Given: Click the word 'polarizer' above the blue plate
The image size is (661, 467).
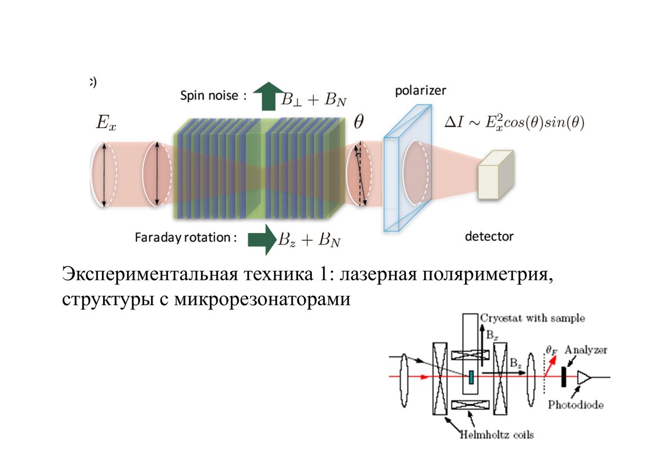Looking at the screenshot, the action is click(x=420, y=90).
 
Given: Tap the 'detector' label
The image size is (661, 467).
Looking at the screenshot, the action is click(x=489, y=237).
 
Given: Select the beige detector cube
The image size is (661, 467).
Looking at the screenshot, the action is click(x=496, y=175).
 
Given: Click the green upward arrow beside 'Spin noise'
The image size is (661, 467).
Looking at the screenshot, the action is click(x=269, y=96).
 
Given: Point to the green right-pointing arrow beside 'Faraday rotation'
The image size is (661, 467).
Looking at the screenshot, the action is click(x=262, y=240).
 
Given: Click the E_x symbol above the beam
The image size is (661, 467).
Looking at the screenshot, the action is click(x=106, y=122).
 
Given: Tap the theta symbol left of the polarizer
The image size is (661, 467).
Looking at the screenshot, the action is click(x=359, y=122).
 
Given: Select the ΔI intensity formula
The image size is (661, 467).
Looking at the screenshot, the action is click(x=514, y=123).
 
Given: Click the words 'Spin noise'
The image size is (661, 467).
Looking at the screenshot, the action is click(x=209, y=96).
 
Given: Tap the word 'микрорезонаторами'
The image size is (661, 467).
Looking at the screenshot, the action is click(x=262, y=300).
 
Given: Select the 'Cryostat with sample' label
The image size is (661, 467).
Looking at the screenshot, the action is click(x=532, y=318).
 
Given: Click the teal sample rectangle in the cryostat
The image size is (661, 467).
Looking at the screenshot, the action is click(x=472, y=378).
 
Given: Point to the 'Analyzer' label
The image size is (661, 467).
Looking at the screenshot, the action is click(x=586, y=350).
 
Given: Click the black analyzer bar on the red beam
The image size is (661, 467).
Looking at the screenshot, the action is click(x=564, y=377).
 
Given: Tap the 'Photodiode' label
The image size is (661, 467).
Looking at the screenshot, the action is click(x=576, y=405).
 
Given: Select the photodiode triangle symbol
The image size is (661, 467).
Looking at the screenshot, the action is click(x=584, y=378).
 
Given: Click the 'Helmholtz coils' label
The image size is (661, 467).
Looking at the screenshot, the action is click(x=497, y=435).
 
